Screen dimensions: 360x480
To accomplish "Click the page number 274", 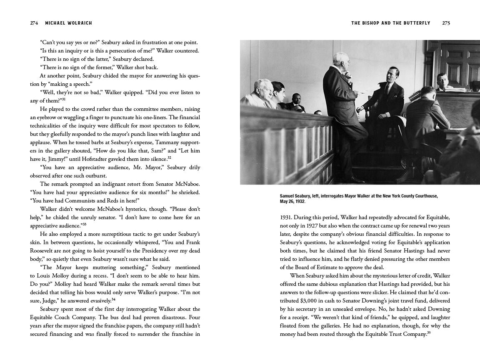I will (34, 23).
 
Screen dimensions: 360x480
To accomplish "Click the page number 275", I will (446, 23).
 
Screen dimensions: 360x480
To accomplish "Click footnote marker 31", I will (63, 100).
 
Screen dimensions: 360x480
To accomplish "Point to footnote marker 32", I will (169, 158).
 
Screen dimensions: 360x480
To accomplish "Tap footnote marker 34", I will (113, 299).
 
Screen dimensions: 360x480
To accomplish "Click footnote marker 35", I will (428, 333).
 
